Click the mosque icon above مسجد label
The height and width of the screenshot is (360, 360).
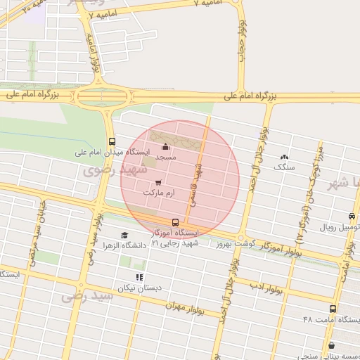tap(166, 147)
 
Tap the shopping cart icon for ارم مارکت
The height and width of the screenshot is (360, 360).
tap(159, 182)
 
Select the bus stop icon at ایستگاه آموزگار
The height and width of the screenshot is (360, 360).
tap(175, 223)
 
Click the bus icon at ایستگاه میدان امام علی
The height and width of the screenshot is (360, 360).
tap(112, 141)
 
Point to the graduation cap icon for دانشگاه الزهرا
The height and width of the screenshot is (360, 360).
tap(124, 236)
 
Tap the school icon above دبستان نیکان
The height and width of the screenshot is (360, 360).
tap(139, 278)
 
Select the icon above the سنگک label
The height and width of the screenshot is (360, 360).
tap(284, 157)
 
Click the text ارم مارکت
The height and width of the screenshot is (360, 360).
tap(158, 192)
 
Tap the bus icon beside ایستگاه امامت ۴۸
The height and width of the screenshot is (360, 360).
tap(333, 309)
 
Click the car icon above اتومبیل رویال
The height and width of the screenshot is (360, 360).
tap(352, 217)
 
